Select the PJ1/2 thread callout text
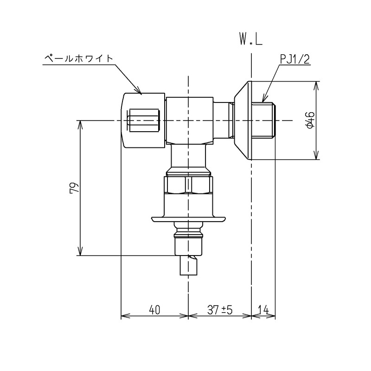[295, 59]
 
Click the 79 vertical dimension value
[74, 188]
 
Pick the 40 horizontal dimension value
[154, 310]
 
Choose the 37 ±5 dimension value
[220, 310]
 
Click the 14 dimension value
[263, 310]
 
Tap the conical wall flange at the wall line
[243, 121]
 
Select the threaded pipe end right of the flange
[262, 121]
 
